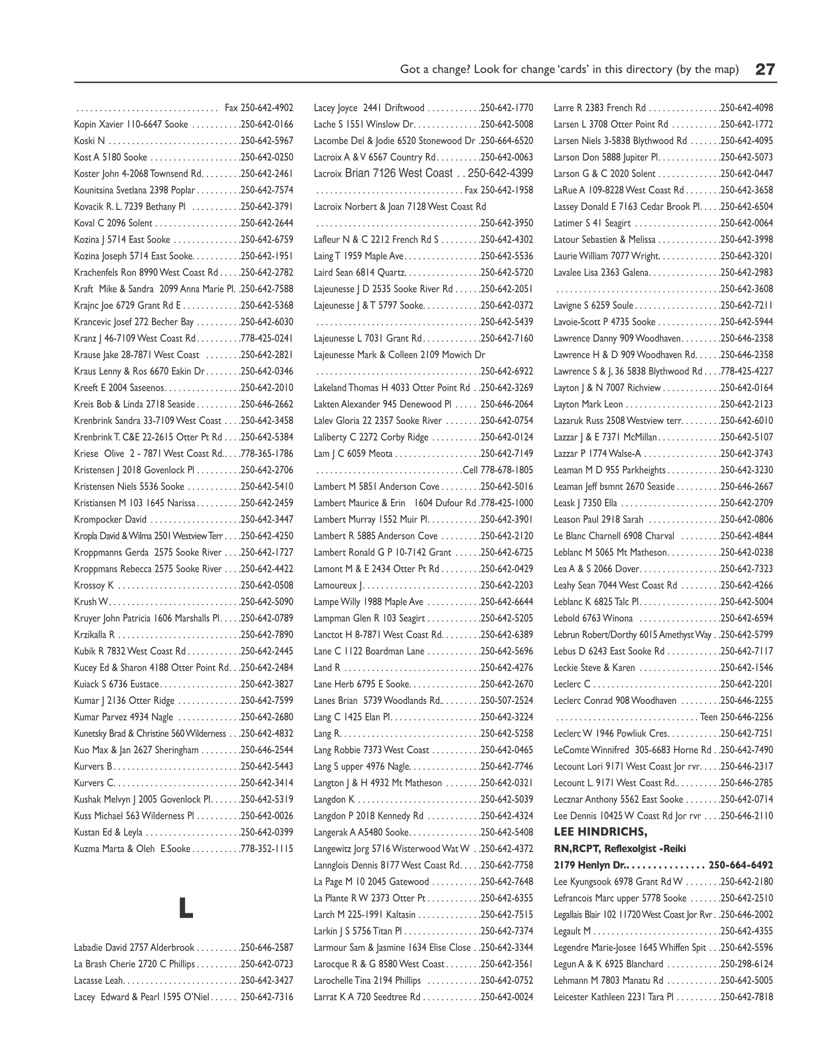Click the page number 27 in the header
pos(765,69)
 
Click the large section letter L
pos(186,907)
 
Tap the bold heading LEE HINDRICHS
pos(600,832)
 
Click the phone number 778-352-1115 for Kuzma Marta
pos(267,849)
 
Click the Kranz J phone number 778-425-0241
pos(267,338)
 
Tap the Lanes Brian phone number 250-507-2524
pos(506,700)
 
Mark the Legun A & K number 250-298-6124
pos(746,964)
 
